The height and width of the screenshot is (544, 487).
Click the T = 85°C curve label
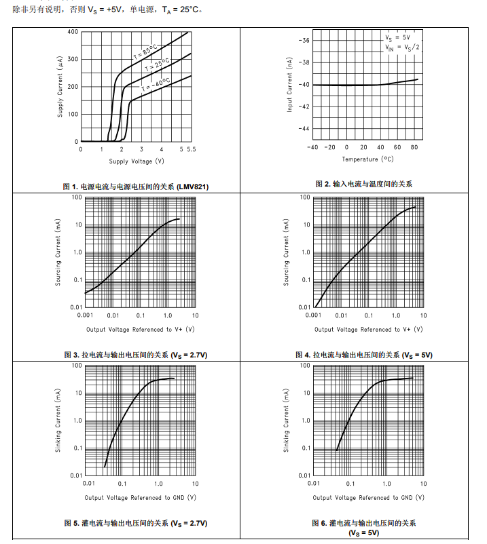pyautogui.click(x=145, y=50)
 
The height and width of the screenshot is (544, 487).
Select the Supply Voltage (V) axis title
pyautogui.click(x=137, y=161)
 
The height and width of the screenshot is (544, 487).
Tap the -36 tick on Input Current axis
pyautogui.click(x=304, y=41)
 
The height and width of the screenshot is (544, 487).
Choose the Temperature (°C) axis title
pyautogui.click(x=367, y=159)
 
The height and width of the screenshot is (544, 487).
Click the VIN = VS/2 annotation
pyautogui.click(x=403, y=47)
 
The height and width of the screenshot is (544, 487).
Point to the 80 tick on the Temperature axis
pyautogui.click(x=414, y=147)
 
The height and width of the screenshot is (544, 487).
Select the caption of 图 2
pyautogui.click(x=363, y=184)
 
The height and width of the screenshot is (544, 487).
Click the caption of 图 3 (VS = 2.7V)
pyautogui.click(x=136, y=355)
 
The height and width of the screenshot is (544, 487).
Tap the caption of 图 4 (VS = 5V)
pyautogui.click(x=364, y=355)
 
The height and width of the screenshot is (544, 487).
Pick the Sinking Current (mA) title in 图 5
pyautogui.click(x=58, y=421)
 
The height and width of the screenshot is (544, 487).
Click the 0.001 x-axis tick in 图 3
pyautogui.click(x=85, y=315)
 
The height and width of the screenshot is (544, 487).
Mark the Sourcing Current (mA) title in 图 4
pyautogui.click(x=287, y=252)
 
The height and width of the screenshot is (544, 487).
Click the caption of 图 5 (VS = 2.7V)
pyautogui.click(x=136, y=523)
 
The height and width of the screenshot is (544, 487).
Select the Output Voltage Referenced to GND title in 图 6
pyautogui.click(x=368, y=498)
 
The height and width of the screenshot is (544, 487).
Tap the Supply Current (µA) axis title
pyautogui.click(x=60, y=87)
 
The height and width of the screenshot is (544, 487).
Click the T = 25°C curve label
pyautogui.click(x=156, y=66)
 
